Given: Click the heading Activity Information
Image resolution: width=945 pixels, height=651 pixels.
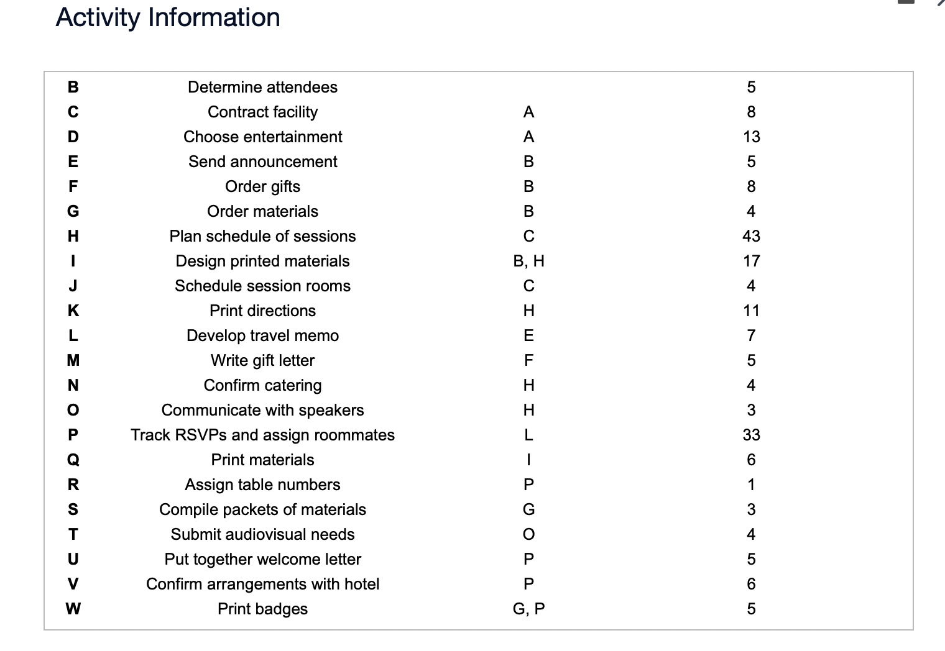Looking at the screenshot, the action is click(168, 18).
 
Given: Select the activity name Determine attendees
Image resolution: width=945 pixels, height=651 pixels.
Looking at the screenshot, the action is click(262, 88).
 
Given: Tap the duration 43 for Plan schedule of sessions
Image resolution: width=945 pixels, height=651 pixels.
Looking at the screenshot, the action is click(751, 236).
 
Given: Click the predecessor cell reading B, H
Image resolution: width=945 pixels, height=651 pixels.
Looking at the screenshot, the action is click(528, 261).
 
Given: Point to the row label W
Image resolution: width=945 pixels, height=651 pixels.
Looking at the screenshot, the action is click(73, 609).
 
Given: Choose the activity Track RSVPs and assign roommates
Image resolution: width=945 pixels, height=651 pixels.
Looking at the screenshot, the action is click(262, 435).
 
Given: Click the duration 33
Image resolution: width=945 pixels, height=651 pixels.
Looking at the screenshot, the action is click(751, 435).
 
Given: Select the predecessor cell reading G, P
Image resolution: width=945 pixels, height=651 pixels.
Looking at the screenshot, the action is click(528, 609).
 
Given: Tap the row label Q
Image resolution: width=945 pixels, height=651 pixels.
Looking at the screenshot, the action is click(73, 460).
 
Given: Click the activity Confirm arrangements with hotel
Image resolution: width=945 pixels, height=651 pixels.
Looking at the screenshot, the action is click(262, 584).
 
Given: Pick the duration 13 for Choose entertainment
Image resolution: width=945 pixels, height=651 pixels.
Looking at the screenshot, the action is click(751, 137).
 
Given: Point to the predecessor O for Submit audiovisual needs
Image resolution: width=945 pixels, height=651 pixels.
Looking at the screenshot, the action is click(528, 534).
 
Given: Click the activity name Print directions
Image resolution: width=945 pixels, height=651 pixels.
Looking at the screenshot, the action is click(262, 311).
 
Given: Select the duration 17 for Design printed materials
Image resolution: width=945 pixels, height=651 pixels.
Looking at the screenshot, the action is click(751, 261).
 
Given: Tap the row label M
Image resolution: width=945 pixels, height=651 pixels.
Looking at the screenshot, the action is click(73, 360).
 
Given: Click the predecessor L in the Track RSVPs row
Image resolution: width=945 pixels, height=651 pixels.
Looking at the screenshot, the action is click(528, 435).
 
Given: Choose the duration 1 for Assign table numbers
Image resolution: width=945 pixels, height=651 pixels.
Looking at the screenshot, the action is click(751, 485).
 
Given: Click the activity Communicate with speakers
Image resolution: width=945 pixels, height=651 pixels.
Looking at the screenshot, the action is click(262, 410).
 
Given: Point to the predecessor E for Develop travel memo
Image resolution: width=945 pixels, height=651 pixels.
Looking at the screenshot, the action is click(528, 335).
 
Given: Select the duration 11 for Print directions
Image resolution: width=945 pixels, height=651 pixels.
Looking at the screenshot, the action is click(751, 311).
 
